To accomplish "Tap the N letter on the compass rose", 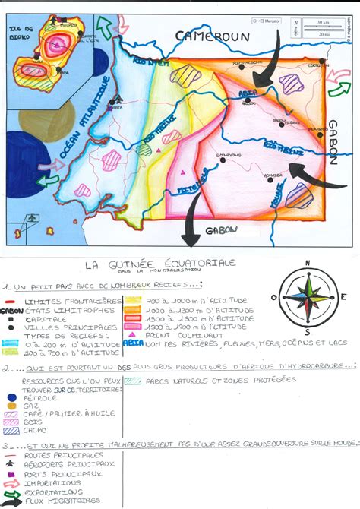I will [308, 264].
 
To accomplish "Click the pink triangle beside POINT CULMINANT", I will [134, 334].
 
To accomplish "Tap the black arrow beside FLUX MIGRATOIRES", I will [10, 500].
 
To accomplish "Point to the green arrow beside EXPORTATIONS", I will [10, 491].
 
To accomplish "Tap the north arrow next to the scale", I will [295, 27].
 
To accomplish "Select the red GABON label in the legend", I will [11, 310].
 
